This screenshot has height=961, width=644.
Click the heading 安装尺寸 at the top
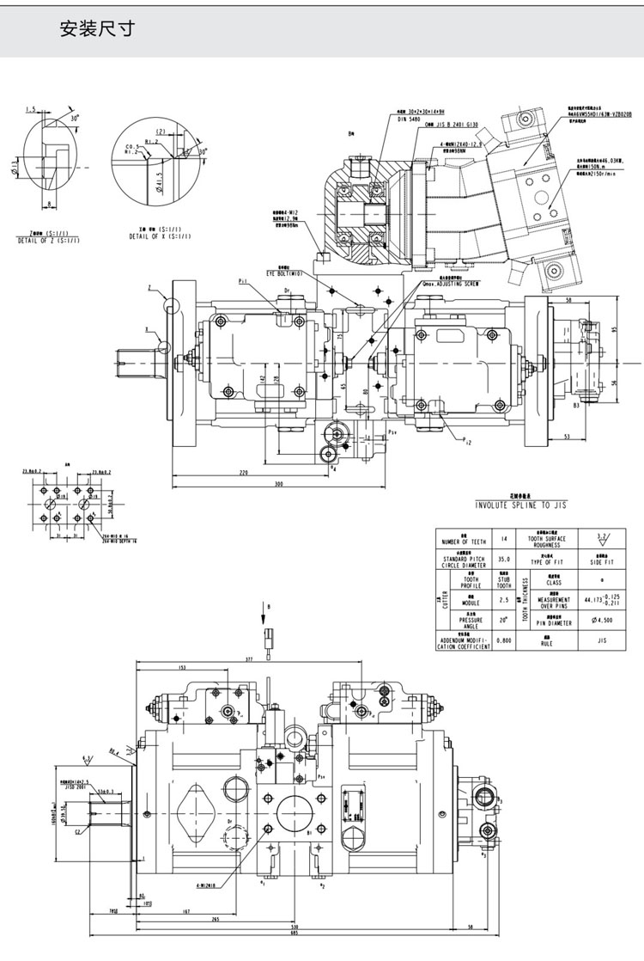(96, 30)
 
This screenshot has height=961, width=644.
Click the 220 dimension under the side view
(244, 473)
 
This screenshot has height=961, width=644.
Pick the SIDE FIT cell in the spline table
(606, 560)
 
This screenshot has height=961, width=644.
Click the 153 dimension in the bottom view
(182, 667)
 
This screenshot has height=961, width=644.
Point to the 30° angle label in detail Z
(75, 118)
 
